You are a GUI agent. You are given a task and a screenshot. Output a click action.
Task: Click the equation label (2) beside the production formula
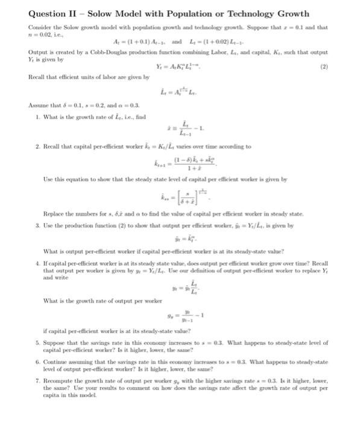[x=329, y=84]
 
